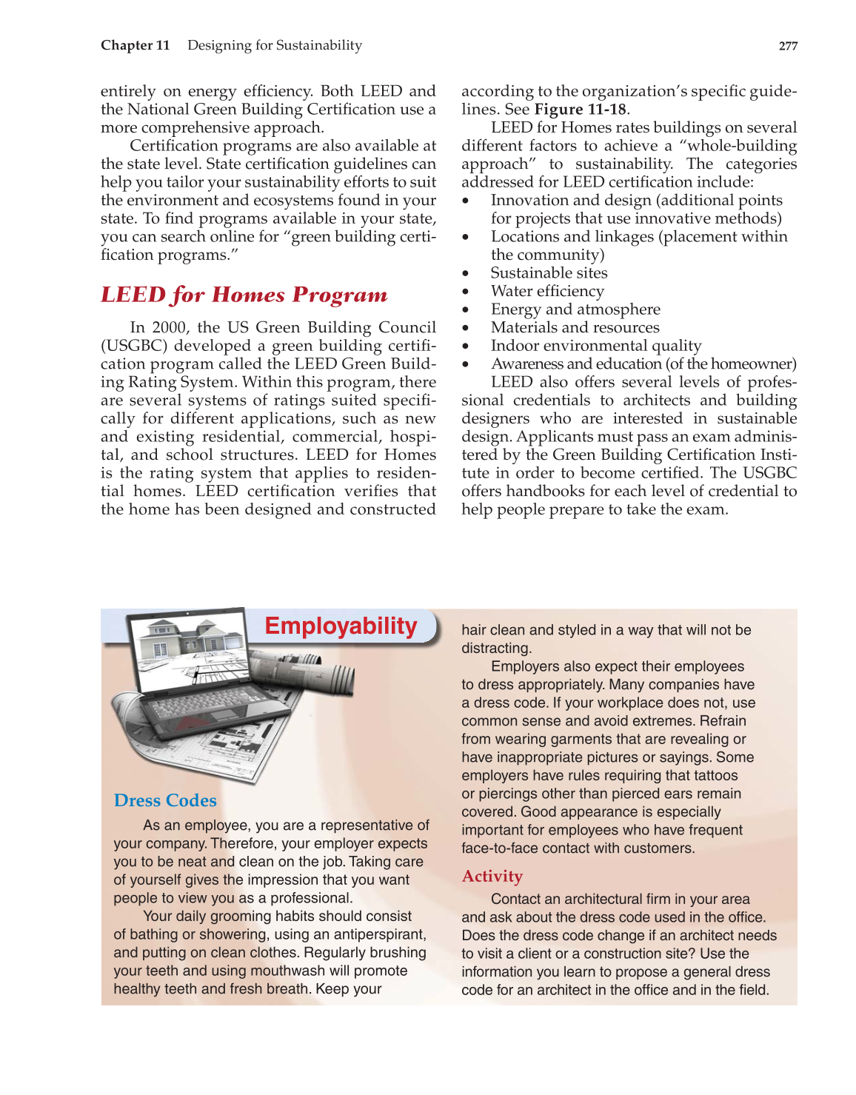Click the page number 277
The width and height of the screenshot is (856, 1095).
pos(788,46)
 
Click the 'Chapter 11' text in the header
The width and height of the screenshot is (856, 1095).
pos(135,45)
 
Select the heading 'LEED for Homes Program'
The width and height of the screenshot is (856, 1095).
pos(244,295)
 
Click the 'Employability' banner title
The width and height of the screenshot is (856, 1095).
pos(341,626)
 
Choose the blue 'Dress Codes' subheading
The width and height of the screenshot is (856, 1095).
pos(165,800)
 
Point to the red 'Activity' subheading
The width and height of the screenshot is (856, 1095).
pos(492,877)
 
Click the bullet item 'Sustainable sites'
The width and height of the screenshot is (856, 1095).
pos(549,273)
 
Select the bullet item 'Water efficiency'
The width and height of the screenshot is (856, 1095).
pos(547,291)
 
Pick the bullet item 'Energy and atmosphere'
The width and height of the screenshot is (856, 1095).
pos(575,309)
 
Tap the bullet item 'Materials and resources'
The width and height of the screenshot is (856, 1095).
pos(575,327)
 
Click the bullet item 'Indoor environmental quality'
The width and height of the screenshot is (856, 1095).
pos(595,346)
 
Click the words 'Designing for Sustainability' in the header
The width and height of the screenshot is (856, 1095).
pos(275,45)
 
